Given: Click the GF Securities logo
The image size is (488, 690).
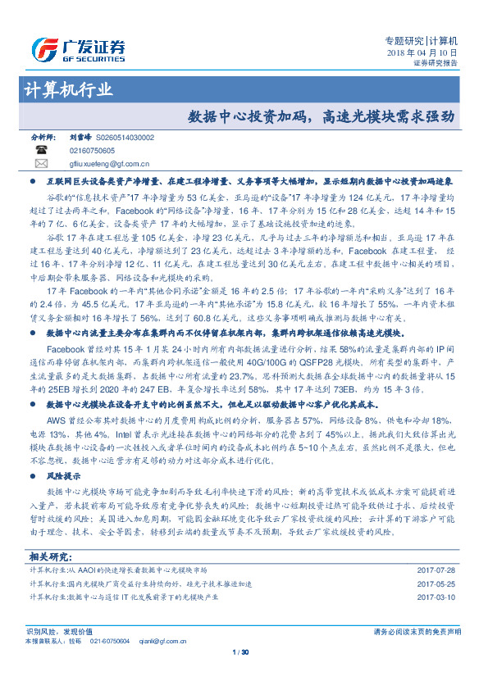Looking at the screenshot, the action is (77, 50).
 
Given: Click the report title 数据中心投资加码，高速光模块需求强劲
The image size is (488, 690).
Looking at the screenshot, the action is (321, 116).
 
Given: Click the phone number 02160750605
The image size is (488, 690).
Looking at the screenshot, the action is (92, 152).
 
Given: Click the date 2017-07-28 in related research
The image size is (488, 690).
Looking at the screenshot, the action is (436, 569).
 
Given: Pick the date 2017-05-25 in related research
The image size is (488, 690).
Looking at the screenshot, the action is (436, 583).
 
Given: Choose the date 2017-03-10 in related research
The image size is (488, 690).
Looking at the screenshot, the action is (436, 598).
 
